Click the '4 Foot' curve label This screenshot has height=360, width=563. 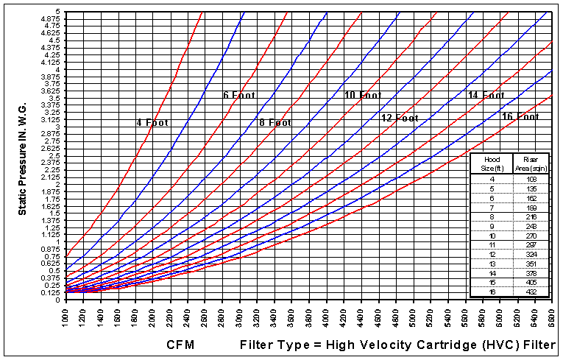[152, 122]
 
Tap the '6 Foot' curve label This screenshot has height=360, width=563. [240, 95]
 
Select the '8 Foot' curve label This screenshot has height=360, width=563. [275, 122]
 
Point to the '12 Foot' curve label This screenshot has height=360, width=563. [400, 118]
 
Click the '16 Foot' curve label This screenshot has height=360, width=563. [520, 116]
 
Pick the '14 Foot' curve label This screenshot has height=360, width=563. [486, 95]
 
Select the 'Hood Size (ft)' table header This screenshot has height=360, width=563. [487, 163]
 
